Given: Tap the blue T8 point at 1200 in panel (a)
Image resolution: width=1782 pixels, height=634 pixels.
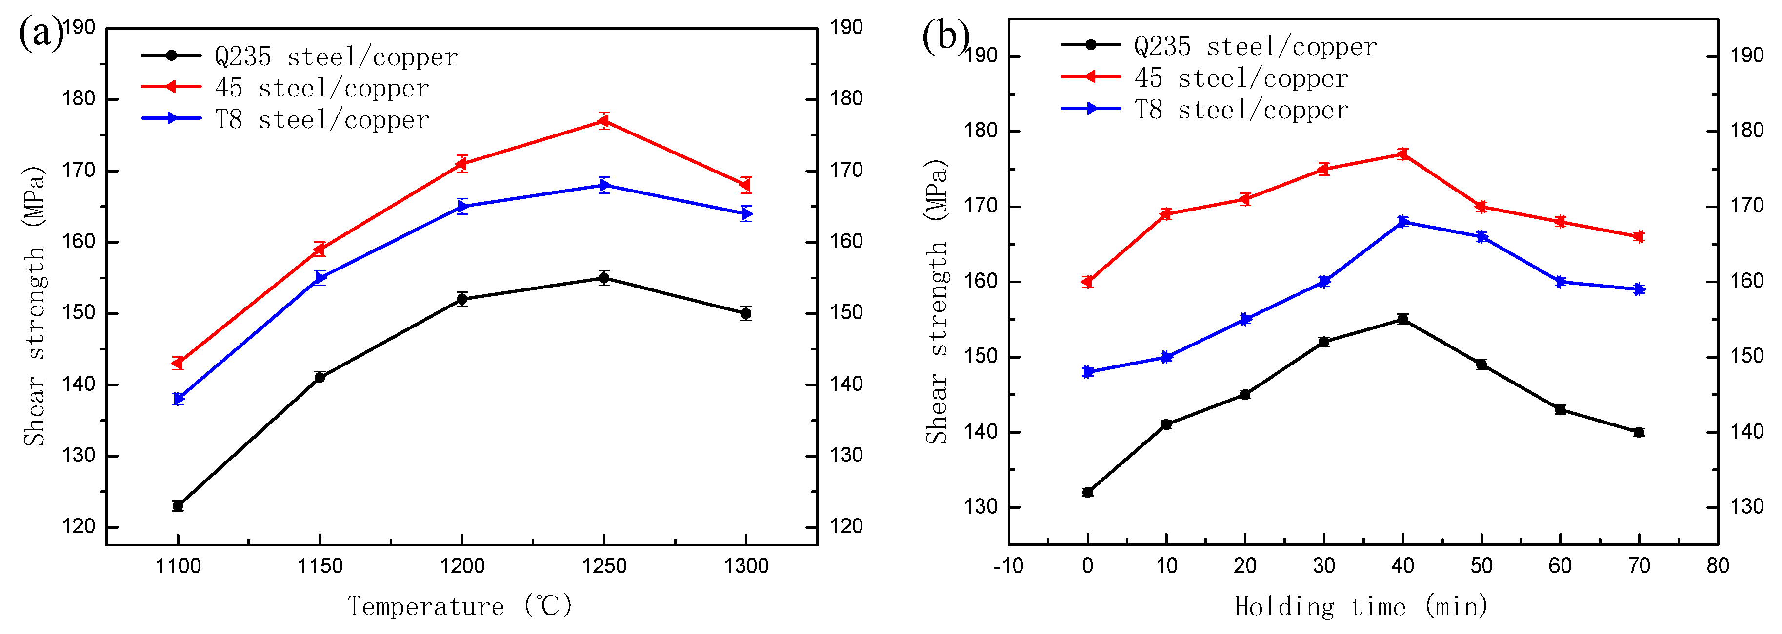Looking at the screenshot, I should (462, 206).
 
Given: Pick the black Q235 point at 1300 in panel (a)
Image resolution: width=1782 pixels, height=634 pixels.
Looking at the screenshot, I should (746, 313).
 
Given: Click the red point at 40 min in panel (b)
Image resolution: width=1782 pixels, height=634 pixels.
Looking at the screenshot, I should (1403, 154).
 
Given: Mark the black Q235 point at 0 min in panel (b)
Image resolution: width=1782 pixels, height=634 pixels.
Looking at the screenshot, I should (1087, 492).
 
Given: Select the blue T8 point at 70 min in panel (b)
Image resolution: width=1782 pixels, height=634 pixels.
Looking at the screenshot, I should (1639, 289).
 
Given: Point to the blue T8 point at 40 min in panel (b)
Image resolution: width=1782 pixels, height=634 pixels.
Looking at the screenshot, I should (1403, 222).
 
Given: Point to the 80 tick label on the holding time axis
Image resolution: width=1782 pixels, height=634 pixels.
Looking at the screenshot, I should (1718, 567).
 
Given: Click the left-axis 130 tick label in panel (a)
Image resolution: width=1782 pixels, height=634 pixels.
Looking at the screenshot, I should (78, 456).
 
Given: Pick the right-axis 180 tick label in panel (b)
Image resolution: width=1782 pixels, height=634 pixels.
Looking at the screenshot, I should (1747, 131).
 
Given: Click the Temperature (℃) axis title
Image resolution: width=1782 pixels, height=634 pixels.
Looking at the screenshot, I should (460, 606).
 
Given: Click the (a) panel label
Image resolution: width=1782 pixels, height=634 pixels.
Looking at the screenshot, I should (40, 33).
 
